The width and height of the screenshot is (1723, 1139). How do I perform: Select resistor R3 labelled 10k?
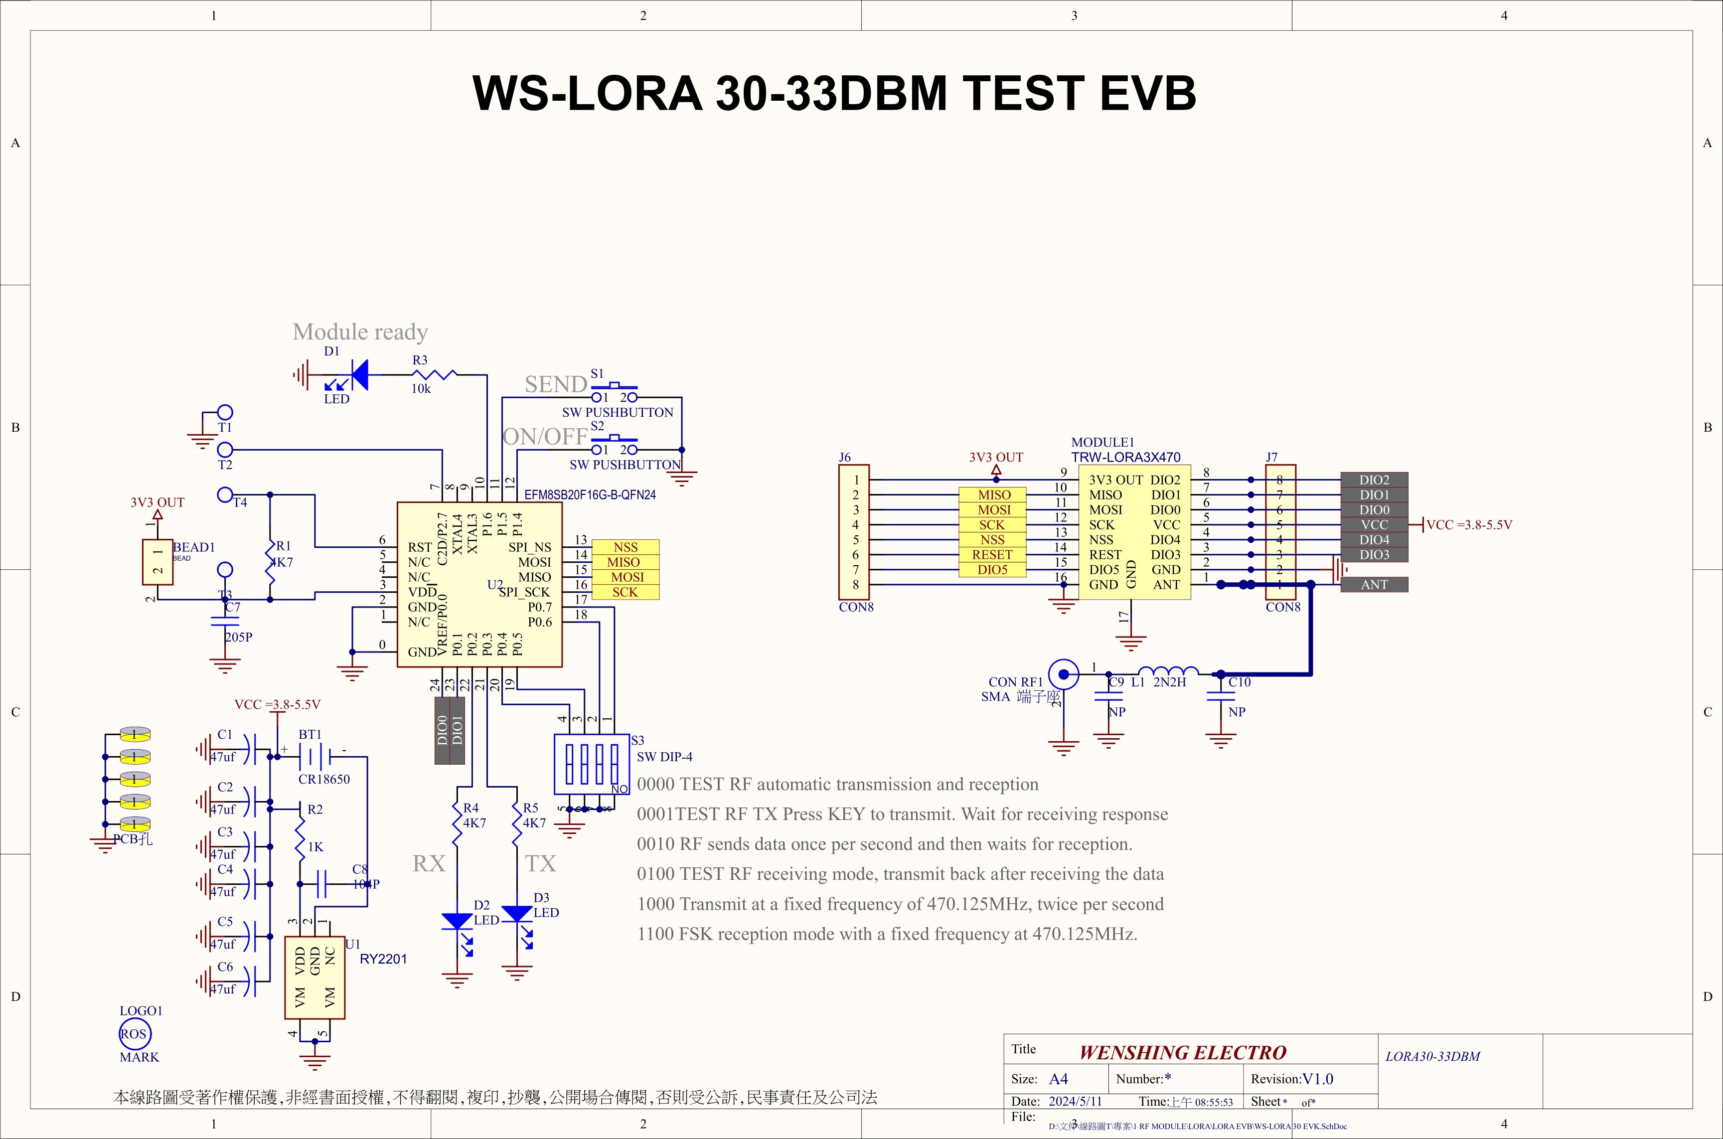point(435,375)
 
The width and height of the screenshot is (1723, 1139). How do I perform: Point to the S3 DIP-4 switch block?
point(591,764)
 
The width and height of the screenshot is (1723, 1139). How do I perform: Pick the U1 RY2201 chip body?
point(314,977)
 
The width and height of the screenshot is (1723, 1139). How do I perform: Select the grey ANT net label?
point(1374,585)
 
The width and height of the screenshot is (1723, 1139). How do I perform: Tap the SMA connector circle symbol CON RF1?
point(1064,674)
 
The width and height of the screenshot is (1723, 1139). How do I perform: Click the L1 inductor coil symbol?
point(1168,671)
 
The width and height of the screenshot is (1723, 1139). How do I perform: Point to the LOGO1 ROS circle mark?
point(135,1034)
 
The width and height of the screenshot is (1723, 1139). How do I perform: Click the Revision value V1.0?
point(1318,1079)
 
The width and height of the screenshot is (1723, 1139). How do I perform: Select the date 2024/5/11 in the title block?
point(1075,1101)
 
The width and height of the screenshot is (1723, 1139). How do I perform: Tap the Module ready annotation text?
point(360,332)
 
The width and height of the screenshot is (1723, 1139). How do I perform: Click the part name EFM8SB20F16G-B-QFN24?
point(590,494)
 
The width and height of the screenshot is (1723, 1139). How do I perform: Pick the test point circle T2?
point(225,450)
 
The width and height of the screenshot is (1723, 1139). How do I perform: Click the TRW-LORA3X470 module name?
point(1125,457)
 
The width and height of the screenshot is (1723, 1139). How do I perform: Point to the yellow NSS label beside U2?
point(626,547)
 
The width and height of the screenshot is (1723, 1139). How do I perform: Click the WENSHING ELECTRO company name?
point(1183,1053)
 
